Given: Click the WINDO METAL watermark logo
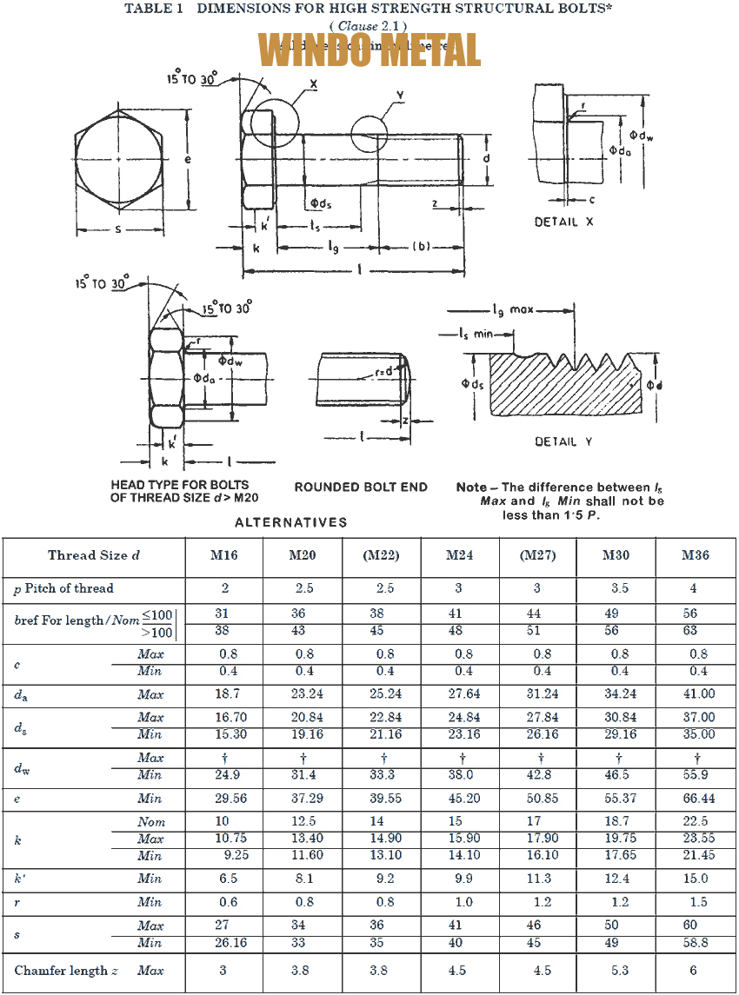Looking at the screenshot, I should pyautogui.click(x=370, y=50).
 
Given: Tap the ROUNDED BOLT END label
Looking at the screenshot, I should pyautogui.click(x=361, y=488).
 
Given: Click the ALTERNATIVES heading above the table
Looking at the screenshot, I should pyautogui.click(x=290, y=522).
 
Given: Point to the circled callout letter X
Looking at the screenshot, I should pyautogui.click(x=312, y=84).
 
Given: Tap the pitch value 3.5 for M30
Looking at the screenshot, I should pyautogui.click(x=619, y=588).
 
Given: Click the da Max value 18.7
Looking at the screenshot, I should pyautogui.click(x=224, y=694).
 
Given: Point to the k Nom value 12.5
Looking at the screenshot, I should pyautogui.click(x=303, y=821).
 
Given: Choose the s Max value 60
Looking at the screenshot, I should pyautogui.click(x=690, y=925).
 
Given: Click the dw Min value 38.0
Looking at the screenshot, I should pyautogui.click(x=461, y=775).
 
